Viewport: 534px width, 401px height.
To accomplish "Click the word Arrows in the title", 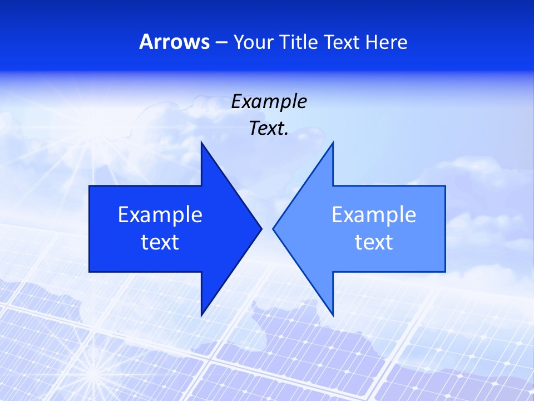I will (174, 42).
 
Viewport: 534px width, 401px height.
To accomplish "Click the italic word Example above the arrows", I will (269, 101).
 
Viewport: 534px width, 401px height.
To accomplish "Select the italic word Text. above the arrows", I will (269, 129).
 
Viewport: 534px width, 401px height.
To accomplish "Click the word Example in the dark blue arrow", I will (160, 214).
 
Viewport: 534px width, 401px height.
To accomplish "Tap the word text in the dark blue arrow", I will (160, 242).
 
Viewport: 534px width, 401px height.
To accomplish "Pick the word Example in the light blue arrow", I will (374, 214).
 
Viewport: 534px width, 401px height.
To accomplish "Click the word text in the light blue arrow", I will (374, 242).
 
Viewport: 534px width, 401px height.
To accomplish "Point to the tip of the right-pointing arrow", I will (261, 228).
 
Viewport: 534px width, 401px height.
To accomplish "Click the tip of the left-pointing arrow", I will (273, 228).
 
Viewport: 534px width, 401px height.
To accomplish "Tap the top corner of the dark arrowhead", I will (201, 143).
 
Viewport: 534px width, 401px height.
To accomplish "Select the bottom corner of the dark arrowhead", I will (201, 315).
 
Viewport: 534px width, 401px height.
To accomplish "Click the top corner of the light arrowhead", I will (333, 143).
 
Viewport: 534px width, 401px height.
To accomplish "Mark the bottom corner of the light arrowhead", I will (333, 315).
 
